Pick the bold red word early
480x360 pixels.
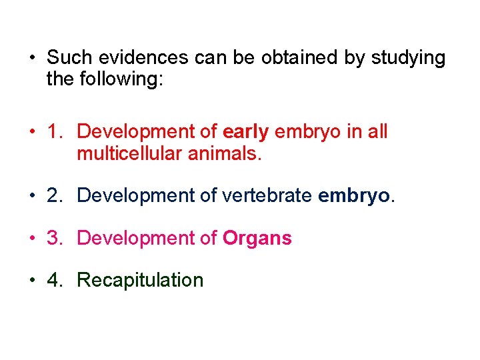[x=246, y=132]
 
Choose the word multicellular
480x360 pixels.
[x=129, y=154]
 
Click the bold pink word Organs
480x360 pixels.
[x=257, y=239]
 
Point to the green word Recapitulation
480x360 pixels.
[x=140, y=280]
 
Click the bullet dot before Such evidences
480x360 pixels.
[x=32, y=59]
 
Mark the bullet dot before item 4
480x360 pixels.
[x=32, y=280]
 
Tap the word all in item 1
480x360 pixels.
[x=377, y=131]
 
